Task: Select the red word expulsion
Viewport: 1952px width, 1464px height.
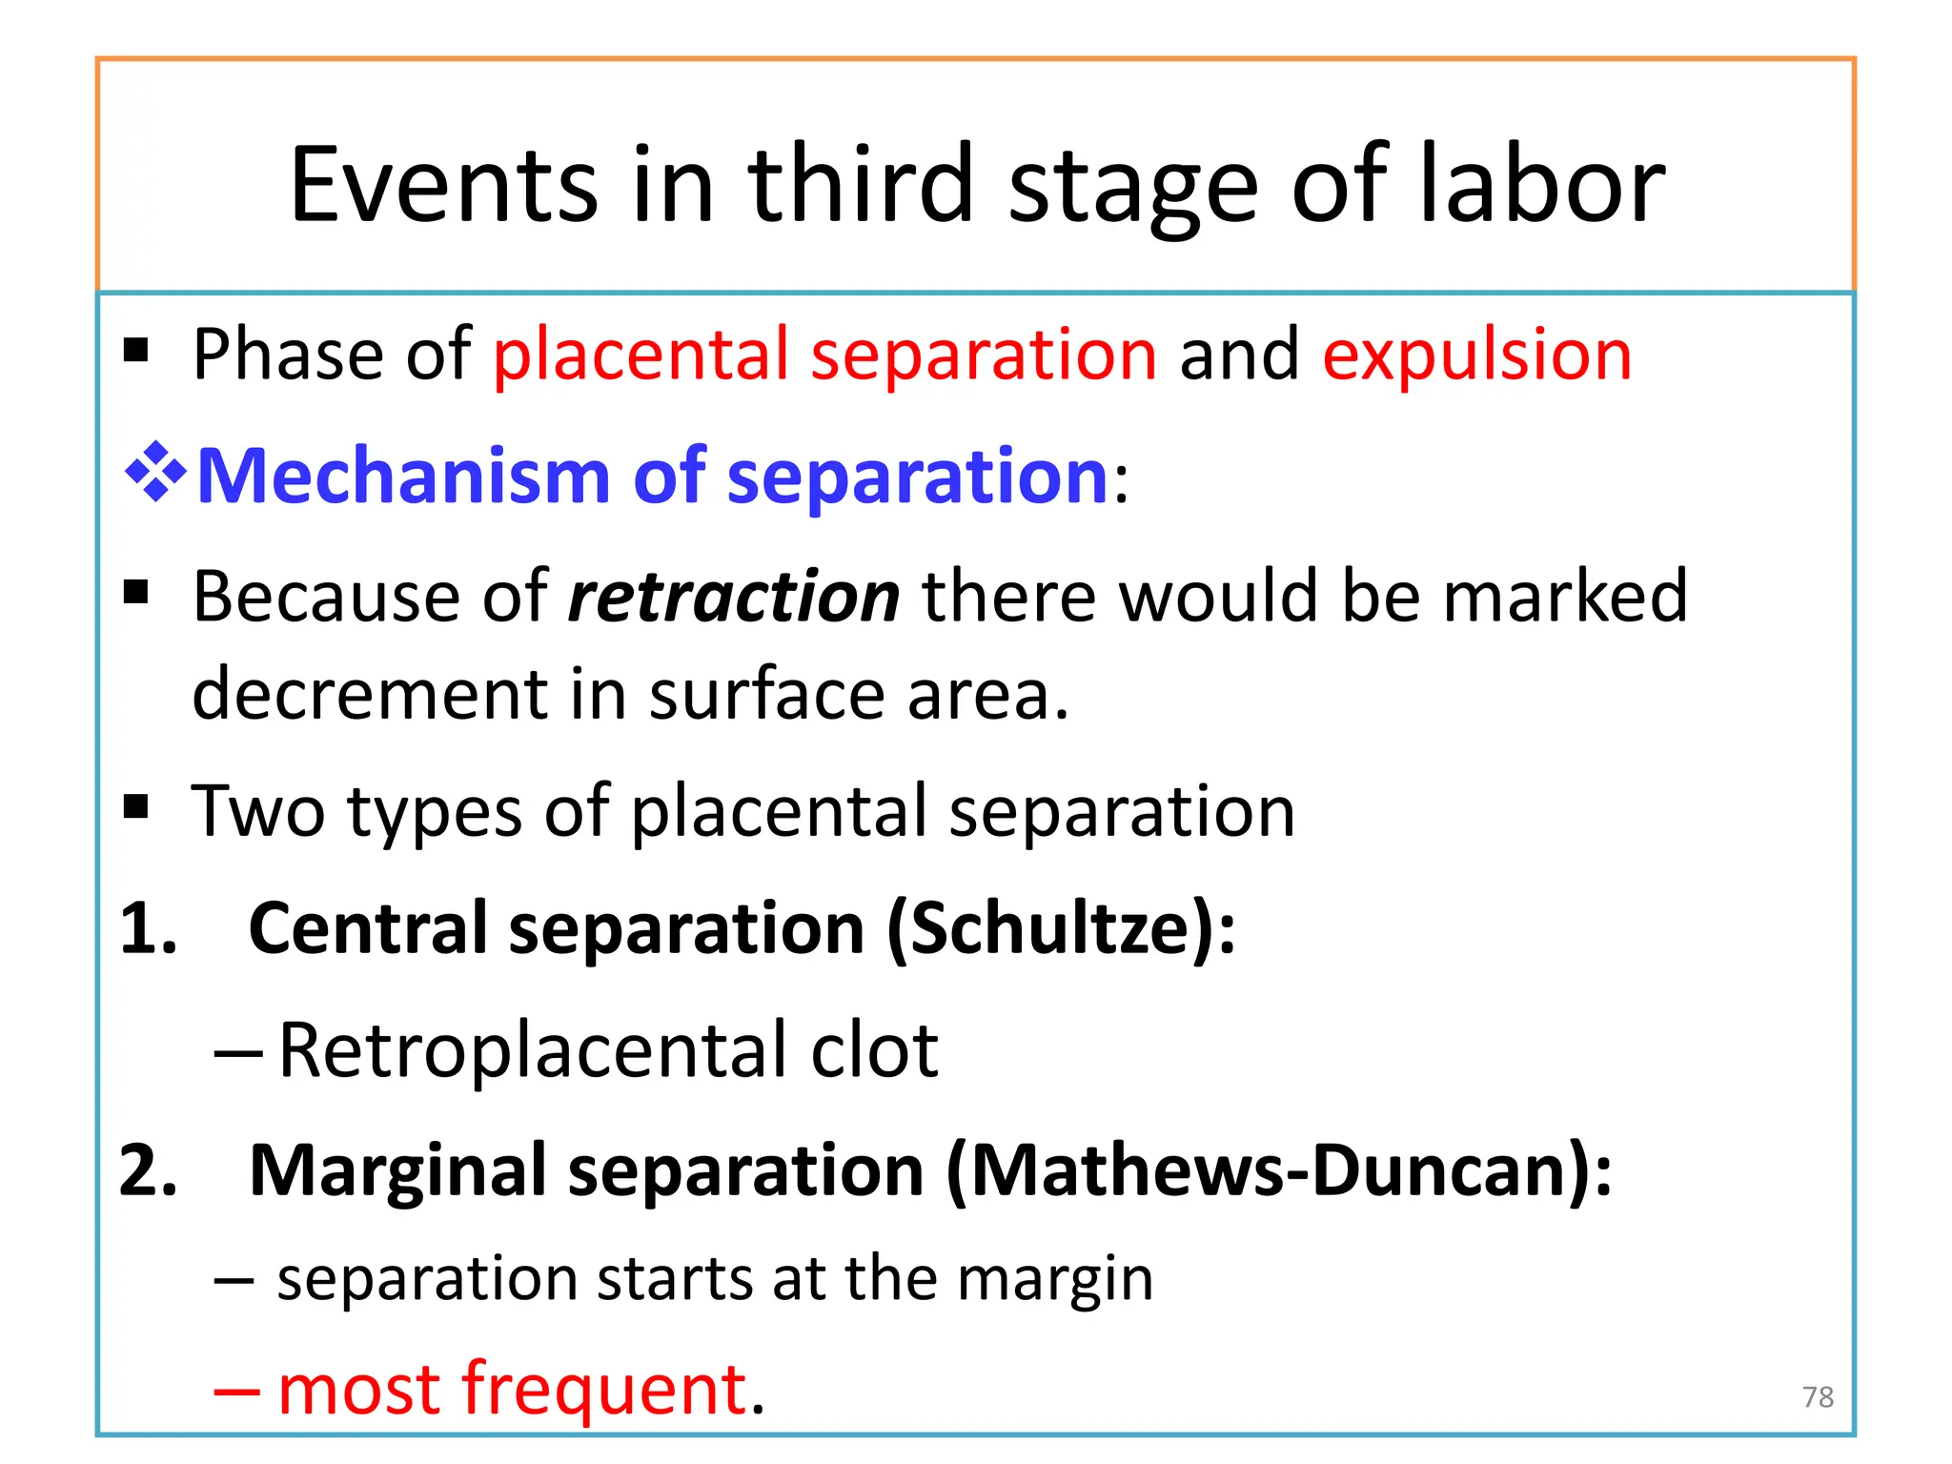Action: pyautogui.click(x=1476, y=355)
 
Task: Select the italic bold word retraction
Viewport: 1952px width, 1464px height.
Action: pyautogui.click(x=733, y=597)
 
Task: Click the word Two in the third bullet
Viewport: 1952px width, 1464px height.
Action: pyautogui.click(x=257, y=812)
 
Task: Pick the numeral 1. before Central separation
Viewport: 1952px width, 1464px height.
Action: pyautogui.click(x=149, y=928)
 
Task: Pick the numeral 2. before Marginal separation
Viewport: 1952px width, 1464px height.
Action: pyautogui.click(x=149, y=1170)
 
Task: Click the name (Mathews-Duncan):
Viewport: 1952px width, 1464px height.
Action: pyautogui.click(x=1278, y=1170)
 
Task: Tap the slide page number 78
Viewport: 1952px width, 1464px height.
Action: pyautogui.click(x=1818, y=1397)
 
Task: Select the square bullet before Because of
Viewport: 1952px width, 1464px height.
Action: pyautogui.click(x=136, y=593)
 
